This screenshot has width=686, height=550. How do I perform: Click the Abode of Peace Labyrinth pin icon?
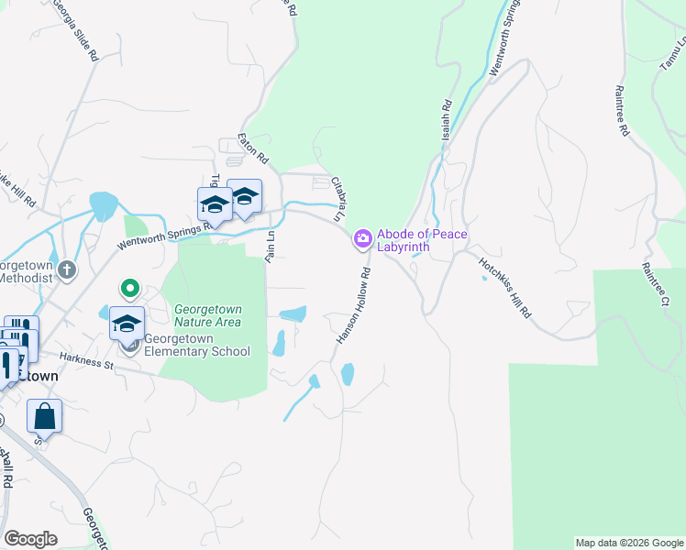[363, 239]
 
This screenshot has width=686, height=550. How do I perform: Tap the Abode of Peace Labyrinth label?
[422, 241]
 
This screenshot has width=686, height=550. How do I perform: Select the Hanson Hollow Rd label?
[353, 306]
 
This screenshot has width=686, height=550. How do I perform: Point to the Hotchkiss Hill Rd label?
[505, 286]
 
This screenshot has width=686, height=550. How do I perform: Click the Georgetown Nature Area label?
[208, 315]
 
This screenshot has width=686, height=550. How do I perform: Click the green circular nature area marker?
[130, 290]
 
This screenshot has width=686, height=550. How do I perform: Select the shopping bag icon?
[44, 416]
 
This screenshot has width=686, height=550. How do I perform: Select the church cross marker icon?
[67, 269]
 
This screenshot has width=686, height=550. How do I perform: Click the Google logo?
[31, 539]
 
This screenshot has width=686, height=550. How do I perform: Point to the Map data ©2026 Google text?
[629, 543]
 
